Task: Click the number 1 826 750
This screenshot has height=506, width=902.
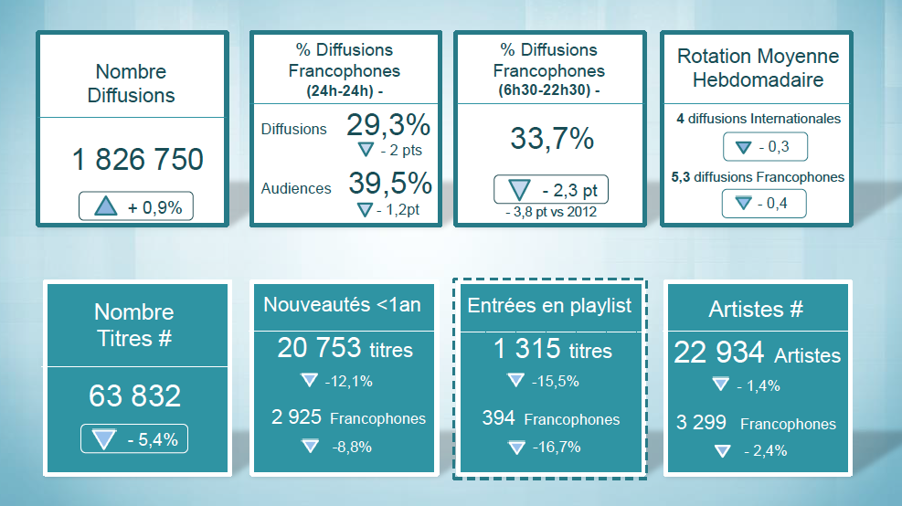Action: point(137,160)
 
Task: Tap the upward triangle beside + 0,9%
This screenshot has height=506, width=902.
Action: point(106,207)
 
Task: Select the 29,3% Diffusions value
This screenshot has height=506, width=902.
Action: point(388,125)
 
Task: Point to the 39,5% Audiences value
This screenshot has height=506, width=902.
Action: point(390,184)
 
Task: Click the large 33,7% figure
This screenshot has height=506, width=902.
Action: point(552,139)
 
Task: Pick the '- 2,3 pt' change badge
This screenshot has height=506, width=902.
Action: point(550,190)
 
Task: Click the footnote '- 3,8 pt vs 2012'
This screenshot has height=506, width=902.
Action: point(552,213)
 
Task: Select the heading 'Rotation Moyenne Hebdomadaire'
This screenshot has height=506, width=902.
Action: point(758,69)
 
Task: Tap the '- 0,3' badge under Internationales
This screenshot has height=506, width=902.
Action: point(764,147)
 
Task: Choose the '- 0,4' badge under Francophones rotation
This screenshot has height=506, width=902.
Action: point(764,204)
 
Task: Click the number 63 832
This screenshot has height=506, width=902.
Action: point(135,396)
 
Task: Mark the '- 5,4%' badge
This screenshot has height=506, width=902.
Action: point(134,439)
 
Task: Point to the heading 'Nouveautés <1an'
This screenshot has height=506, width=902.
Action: point(342,305)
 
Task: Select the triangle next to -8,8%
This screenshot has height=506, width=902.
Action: point(310,447)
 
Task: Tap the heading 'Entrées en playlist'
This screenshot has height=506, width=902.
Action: point(549,306)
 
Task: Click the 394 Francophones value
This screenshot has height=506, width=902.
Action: point(550,419)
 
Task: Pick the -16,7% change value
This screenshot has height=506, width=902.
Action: point(557,448)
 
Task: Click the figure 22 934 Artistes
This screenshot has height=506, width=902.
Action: point(757,353)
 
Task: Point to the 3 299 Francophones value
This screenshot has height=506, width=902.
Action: point(756,423)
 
